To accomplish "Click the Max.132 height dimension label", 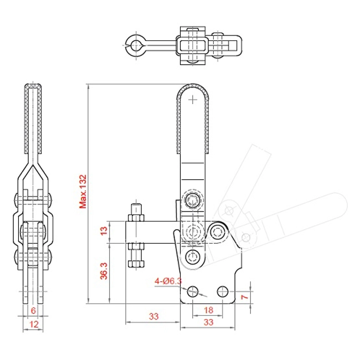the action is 83,192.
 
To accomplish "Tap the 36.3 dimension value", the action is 104,271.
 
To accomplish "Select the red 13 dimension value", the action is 104,230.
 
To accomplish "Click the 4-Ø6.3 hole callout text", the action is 168,281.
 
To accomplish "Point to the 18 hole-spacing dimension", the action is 208,310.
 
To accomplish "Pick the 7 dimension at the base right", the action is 245,297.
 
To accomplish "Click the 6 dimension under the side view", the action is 33,310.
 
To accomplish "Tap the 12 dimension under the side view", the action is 34,324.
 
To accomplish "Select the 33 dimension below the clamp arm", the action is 153,316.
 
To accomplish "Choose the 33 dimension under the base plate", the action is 208,322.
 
